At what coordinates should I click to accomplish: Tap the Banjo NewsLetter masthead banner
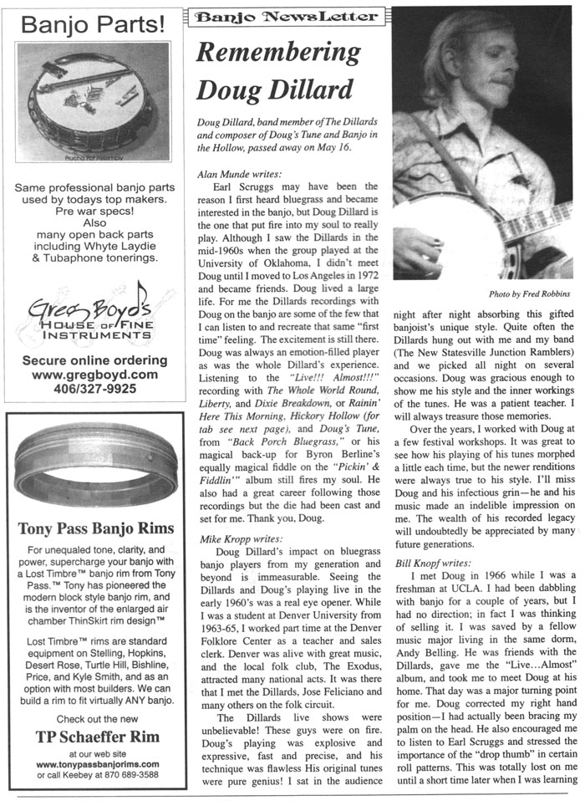point(283,17)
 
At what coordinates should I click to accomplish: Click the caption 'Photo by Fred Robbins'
point(530,294)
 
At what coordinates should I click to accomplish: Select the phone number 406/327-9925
point(94,389)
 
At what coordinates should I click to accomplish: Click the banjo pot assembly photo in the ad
point(94,100)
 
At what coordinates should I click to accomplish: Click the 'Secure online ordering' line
point(94,360)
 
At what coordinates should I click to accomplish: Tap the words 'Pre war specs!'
point(94,212)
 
